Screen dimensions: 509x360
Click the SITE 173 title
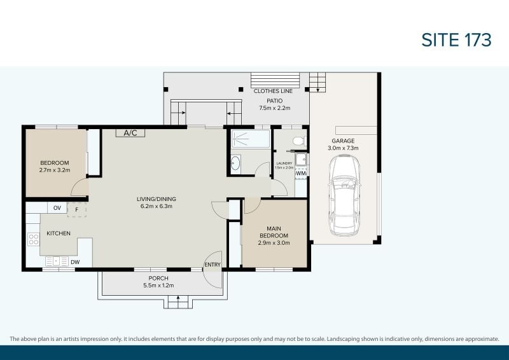click(456, 40)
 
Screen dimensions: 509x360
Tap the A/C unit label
click(130, 133)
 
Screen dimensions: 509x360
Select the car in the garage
click(344, 195)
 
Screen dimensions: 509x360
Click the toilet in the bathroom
click(299, 141)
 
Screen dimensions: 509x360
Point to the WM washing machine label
click(301, 174)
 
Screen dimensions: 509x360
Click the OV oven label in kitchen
click(57, 208)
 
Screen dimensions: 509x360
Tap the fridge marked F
click(77, 210)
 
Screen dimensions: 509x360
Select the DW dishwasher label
click(75, 262)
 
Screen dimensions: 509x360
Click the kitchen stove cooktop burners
click(34, 239)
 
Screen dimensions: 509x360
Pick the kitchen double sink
click(57, 261)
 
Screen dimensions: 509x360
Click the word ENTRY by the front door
click(213, 265)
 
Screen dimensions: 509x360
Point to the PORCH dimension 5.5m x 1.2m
click(158, 286)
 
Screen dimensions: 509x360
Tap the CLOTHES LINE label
click(273, 91)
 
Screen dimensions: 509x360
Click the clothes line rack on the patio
click(275, 80)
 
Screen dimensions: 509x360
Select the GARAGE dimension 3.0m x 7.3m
click(343, 148)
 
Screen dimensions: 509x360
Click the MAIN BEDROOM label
click(274, 232)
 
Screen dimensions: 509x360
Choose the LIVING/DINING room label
click(157, 199)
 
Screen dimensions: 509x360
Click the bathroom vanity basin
click(235, 163)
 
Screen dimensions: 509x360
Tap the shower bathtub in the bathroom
click(251, 139)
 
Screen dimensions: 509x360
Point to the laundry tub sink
click(301, 160)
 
